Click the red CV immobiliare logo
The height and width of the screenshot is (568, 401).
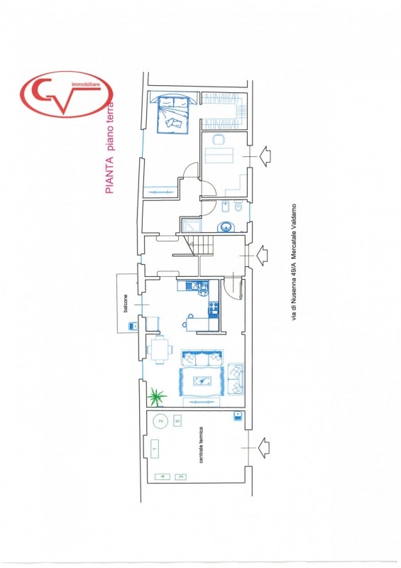(x=66, y=94)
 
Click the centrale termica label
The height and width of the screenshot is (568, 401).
(x=201, y=445)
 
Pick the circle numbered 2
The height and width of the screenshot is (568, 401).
(x=161, y=421)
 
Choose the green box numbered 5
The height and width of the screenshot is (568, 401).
(x=177, y=421)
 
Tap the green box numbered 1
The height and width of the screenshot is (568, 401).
(x=155, y=449)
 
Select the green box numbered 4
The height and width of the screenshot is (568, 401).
(x=163, y=476)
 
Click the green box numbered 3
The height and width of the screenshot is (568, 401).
(x=180, y=476)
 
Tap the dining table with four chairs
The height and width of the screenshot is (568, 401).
(x=160, y=349)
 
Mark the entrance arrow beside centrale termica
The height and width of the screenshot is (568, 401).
(x=263, y=448)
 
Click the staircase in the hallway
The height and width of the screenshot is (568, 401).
(x=199, y=245)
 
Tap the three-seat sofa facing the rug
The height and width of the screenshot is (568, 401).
(x=202, y=358)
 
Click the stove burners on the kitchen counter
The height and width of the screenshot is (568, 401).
(x=214, y=309)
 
